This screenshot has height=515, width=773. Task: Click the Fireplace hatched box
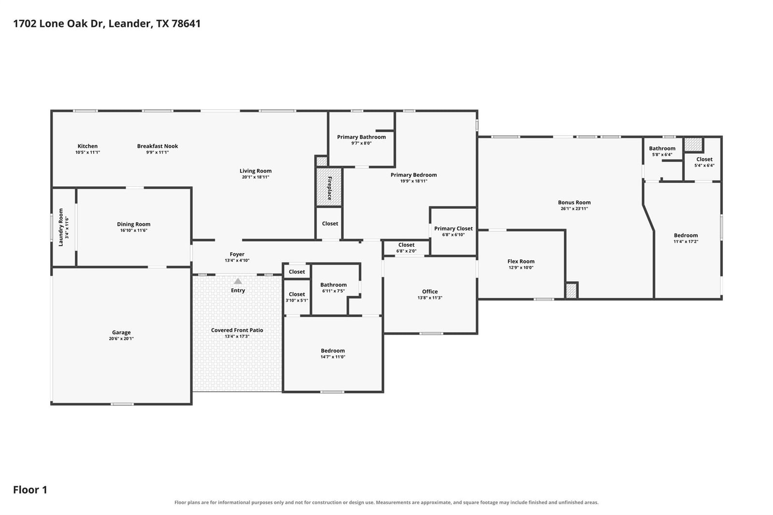click(329, 187)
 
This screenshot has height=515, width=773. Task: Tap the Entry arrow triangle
click(238, 281)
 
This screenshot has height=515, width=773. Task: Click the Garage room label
click(121, 332)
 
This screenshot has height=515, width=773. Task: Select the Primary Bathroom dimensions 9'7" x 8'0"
click(361, 143)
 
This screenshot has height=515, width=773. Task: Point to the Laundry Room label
click(61, 227)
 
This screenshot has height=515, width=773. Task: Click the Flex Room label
click(521, 261)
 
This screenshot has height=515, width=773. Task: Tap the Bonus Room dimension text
click(574, 209)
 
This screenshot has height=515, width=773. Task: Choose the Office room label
click(429, 291)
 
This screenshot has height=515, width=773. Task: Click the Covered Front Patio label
click(237, 330)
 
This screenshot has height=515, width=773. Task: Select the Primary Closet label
click(454, 229)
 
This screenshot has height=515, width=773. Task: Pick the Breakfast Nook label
click(157, 146)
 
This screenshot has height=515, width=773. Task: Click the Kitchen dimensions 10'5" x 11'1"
click(87, 152)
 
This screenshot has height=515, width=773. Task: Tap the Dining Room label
click(133, 224)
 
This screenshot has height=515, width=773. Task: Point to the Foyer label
click(237, 254)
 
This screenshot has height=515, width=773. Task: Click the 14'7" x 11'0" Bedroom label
click(333, 351)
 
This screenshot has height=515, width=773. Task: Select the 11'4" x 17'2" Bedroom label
click(686, 235)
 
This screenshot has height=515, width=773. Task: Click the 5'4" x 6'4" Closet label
click(704, 159)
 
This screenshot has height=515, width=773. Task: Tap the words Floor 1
click(30, 490)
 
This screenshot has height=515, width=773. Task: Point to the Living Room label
click(256, 171)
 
